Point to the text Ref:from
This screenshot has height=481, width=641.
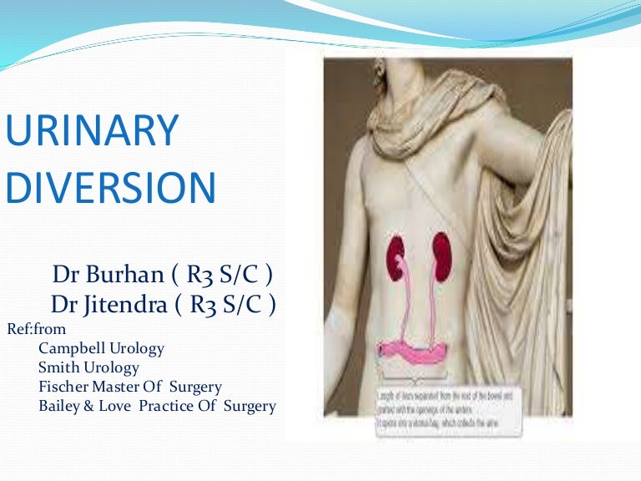click(x=36, y=328)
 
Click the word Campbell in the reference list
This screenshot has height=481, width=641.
click(x=72, y=348)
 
